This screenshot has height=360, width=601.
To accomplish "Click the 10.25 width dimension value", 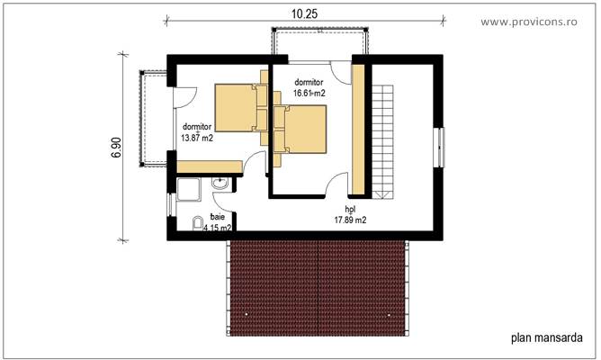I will click(302, 13).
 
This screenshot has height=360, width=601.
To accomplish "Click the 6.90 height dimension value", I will click(116, 148).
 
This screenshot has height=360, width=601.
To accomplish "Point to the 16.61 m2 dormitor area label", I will click(309, 86).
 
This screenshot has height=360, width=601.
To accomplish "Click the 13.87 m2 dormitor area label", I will click(197, 132).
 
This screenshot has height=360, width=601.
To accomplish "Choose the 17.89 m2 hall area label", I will click(350, 213).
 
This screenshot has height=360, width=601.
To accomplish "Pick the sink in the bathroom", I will click(219, 184).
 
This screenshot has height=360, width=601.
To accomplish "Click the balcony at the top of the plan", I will click(319, 43).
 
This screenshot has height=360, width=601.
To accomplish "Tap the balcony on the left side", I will click(150, 117).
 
